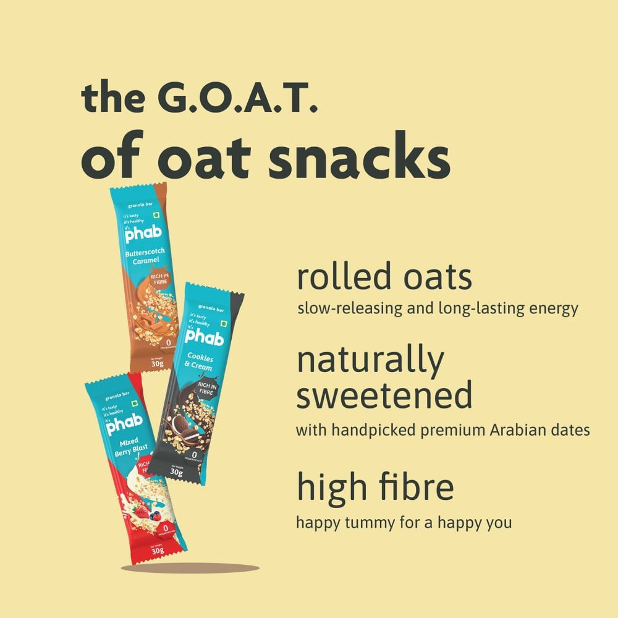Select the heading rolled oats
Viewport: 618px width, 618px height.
384,277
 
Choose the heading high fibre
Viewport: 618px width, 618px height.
375,487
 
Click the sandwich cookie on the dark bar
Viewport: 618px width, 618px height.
180,427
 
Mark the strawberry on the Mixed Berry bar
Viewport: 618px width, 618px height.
142,512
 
